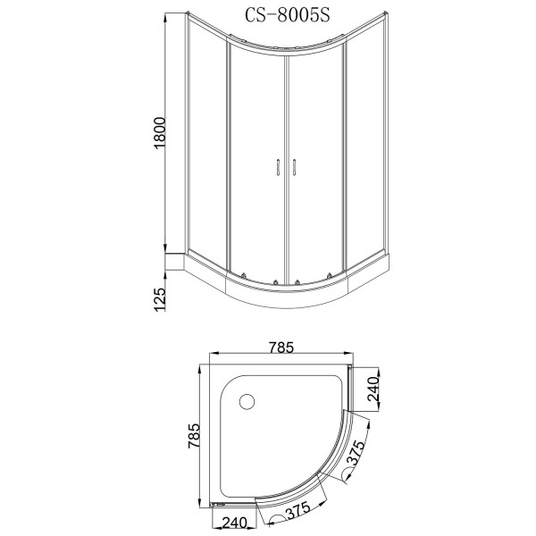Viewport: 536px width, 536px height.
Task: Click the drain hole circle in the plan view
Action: click(x=248, y=402)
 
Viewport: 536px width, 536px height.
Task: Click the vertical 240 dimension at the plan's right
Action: click(x=374, y=389)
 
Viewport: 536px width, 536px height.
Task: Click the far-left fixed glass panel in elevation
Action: click(x=208, y=143)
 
